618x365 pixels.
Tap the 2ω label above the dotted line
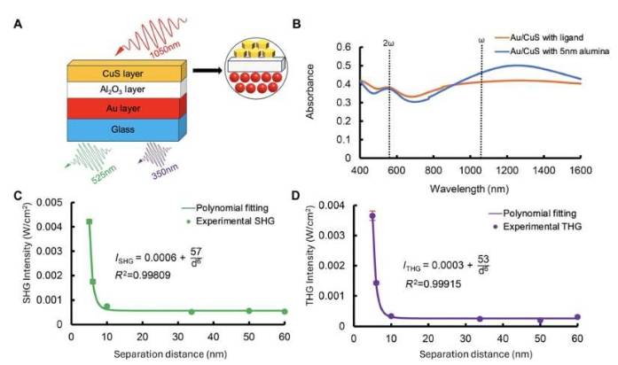point(389,43)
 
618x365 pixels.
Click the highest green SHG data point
point(89,221)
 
